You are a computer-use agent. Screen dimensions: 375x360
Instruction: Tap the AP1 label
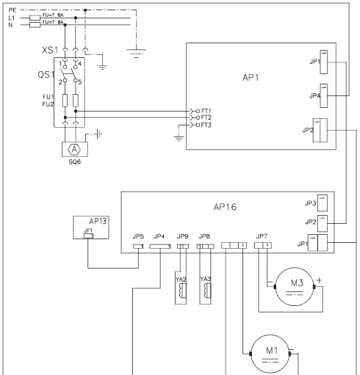pos(251,78)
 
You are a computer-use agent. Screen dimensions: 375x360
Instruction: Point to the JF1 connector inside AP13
pos(89,236)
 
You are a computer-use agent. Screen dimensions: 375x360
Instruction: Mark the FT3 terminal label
pos(206,125)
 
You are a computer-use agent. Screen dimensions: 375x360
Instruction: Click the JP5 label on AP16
pos(137,237)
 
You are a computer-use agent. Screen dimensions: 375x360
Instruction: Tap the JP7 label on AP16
pos(261,236)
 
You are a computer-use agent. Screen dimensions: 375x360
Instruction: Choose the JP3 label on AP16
pos(310,203)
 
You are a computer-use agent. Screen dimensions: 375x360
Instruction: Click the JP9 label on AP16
pos(182,237)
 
